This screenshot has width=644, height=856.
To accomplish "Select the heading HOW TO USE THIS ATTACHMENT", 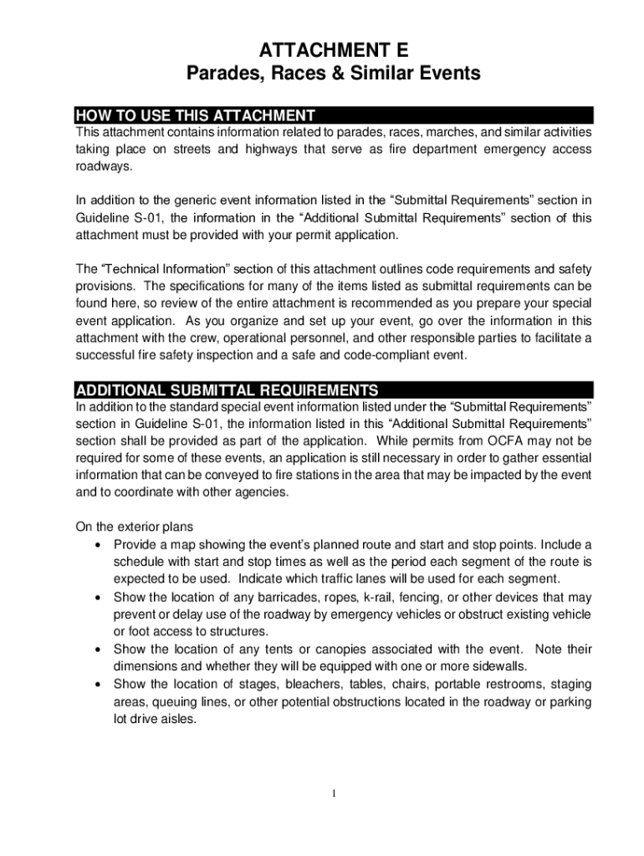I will point(195,115).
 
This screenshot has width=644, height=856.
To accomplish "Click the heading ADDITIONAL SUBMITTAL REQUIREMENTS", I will point(227,390).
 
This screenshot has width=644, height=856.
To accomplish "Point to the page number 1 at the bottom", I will point(333,793).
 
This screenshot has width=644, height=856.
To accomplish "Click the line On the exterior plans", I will point(135,527).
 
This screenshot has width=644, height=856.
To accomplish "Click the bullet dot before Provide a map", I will point(99,545).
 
